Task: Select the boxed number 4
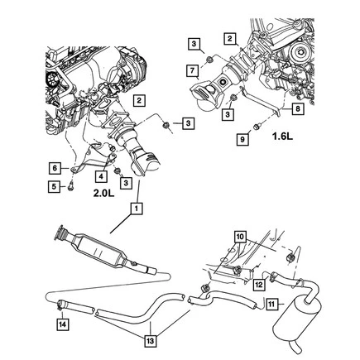pos(100,175)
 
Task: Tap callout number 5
pos(55,186)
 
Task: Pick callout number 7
pos(191,73)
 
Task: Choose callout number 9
pos(242,141)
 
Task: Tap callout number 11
pos(271,304)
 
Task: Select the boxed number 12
pos(258,284)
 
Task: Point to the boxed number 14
pos(62,324)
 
